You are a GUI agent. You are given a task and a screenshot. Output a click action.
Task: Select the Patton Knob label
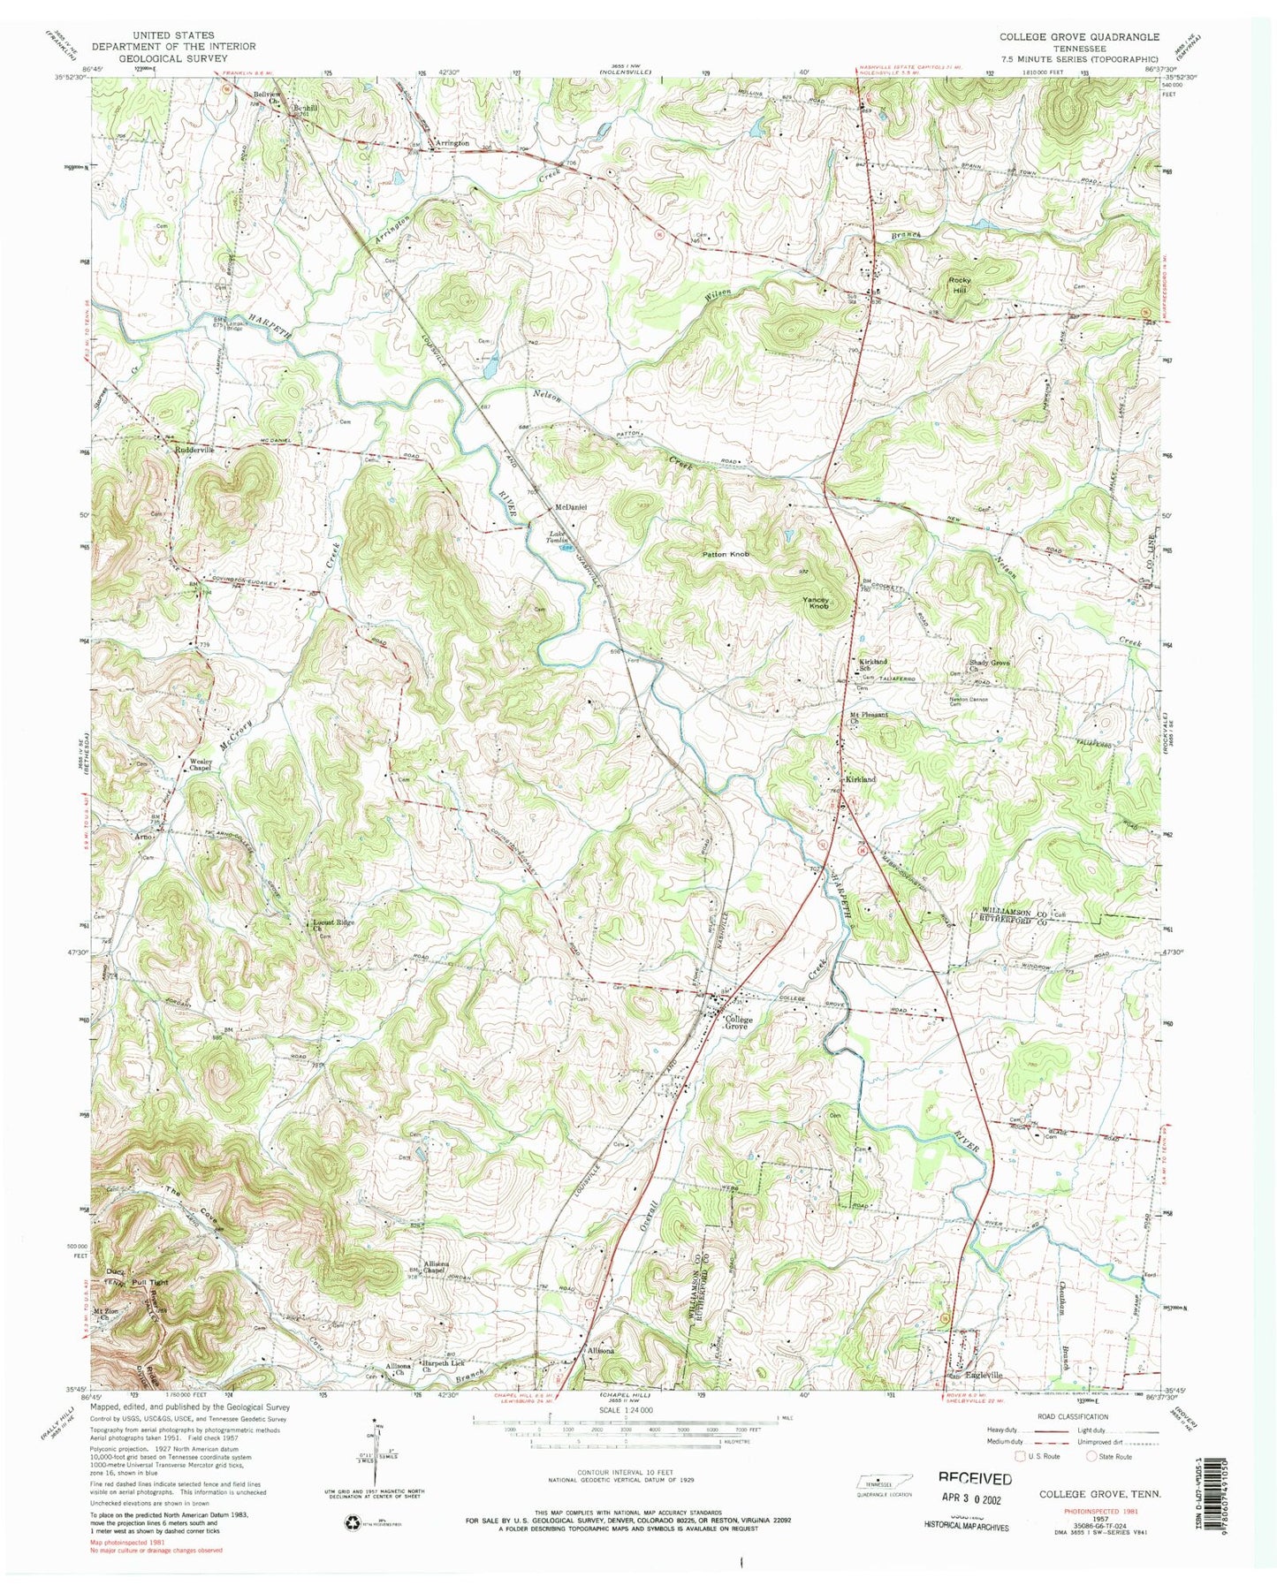coord(726,554)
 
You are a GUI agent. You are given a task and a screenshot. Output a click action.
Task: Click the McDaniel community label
coord(571,507)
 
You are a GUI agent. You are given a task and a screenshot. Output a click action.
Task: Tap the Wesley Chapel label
coord(203,764)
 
